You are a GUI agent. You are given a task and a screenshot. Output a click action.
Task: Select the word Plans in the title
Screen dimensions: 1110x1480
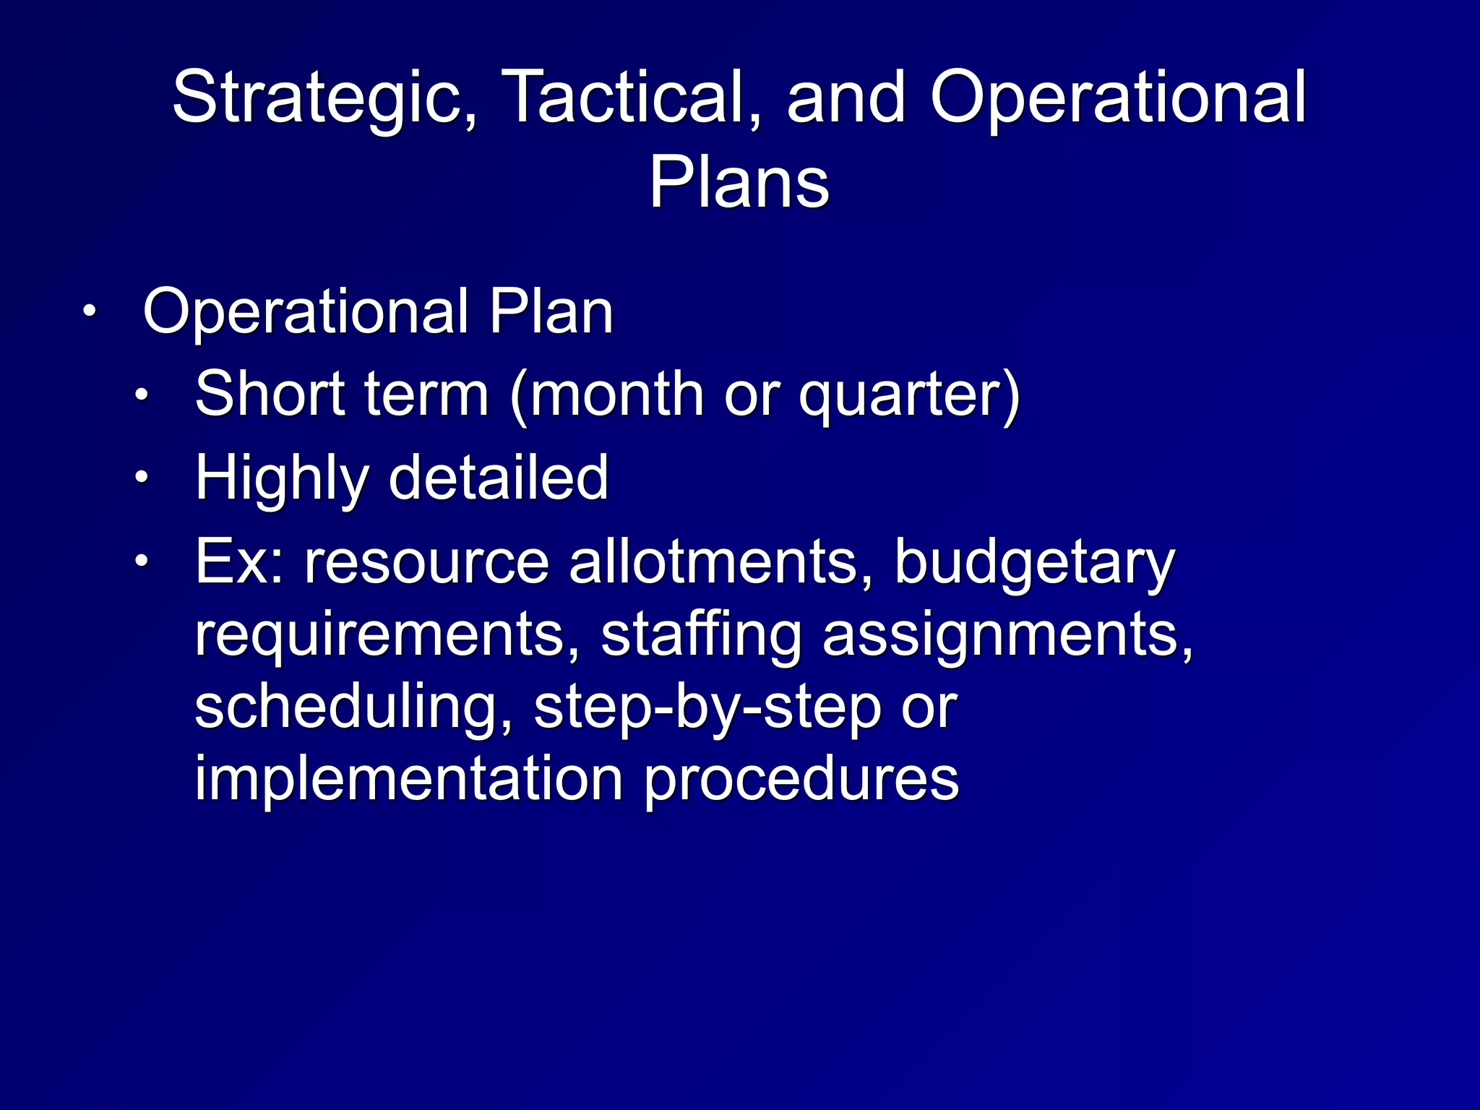pyautogui.click(x=739, y=182)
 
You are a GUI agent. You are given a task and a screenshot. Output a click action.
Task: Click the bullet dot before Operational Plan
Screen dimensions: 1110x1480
pyautogui.click(x=88, y=312)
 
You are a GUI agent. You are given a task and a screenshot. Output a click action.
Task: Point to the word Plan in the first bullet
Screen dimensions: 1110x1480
pyautogui.click(x=551, y=312)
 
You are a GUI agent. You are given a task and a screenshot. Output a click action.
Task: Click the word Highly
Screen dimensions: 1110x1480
pyautogui.click(x=281, y=479)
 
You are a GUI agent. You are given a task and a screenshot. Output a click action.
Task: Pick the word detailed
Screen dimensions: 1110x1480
pyautogui.click(x=499, y=478)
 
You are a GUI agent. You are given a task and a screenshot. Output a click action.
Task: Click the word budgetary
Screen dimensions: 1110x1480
pyautogui.click(x=1034, y=564)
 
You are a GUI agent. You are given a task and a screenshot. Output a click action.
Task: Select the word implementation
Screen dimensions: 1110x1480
pyautogui.click(x=409, y=779)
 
